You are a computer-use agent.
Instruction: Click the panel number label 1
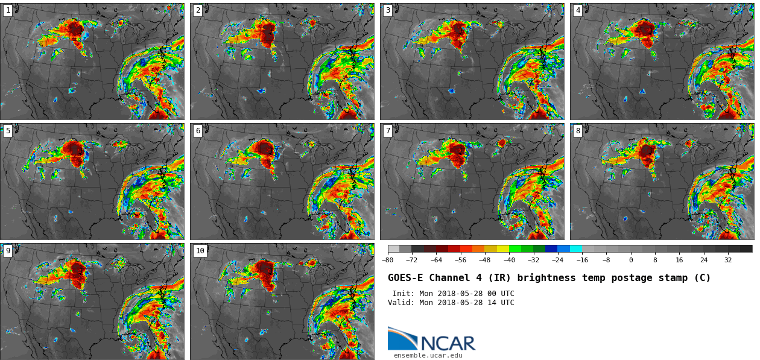8,10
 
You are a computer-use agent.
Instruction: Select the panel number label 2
198,10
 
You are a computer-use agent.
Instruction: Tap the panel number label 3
388,10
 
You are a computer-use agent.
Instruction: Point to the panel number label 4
578,10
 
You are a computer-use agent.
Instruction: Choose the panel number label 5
8,131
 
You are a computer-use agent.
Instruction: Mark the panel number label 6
198,131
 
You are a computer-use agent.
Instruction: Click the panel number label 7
388,131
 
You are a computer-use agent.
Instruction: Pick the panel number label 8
578,131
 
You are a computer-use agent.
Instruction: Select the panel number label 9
8,251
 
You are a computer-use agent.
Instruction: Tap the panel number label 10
200,251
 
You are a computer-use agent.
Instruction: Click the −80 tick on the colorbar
388,260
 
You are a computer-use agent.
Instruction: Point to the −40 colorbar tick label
509,260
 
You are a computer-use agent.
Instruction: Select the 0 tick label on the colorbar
631,260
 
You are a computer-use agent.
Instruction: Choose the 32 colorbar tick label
728,260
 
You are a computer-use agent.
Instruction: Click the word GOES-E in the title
405,278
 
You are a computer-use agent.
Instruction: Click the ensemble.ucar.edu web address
428,356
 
